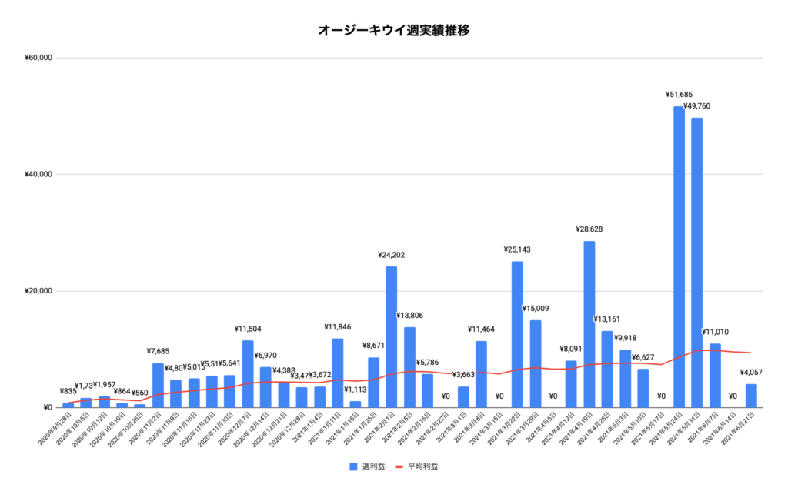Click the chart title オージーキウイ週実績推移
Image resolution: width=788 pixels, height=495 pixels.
coord(393,31)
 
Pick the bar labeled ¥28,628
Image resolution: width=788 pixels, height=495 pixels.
coord(589,323)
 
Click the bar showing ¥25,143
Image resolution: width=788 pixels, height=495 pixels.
coord(517,334)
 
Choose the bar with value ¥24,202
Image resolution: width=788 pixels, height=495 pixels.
coord(392,336)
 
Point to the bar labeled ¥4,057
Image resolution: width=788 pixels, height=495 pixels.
coord(751,396)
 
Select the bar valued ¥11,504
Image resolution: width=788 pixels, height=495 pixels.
coord(248,373)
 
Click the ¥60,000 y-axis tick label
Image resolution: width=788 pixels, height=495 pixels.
coord(38,58)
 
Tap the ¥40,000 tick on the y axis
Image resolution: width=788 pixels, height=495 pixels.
coord(38,174)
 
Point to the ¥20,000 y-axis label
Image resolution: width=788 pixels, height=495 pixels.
coord(38,291)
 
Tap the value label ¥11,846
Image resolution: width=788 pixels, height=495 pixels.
coord(338,327)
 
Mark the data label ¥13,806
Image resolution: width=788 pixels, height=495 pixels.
coord(409,316)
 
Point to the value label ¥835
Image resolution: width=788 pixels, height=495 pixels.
coord(68,391)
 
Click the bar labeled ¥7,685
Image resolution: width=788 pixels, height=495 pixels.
coord(158,385)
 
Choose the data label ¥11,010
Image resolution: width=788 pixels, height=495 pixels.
coord(715,332)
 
